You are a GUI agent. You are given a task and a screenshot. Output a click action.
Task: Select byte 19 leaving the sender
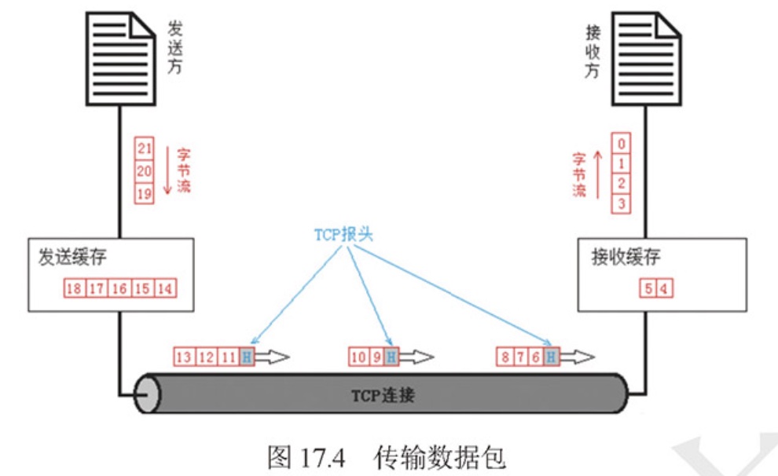click(x=145, y=193)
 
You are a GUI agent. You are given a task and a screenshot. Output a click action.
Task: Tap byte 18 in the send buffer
click(x=74, y=288)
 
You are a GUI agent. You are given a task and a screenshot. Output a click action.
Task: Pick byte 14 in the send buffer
click(x=165, y=288)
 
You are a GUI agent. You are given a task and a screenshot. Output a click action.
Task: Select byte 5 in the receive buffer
click(x=649, y=288)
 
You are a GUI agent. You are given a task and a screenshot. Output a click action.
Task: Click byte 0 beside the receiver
click(x=622, y=145)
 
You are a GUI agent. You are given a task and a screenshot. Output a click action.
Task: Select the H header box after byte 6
click(x=551, y=357)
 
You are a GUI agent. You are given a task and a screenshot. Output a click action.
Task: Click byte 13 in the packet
click(x=184, y=357)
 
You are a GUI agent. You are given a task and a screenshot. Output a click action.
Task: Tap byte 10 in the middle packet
click(x=358, y=357)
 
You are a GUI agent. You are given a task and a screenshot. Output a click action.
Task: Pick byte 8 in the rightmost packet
click(x=504, y=357)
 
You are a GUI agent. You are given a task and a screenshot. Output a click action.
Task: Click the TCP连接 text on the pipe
click(x=383, y=395)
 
